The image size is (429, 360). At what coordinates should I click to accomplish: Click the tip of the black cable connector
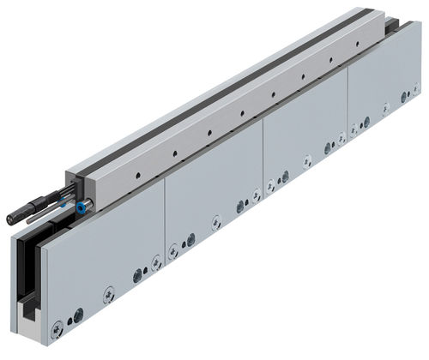click(10, 219)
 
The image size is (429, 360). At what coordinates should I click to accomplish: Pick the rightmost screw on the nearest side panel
click(156, 262)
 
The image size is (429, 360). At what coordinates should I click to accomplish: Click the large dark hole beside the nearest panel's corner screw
click(78, 315)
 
